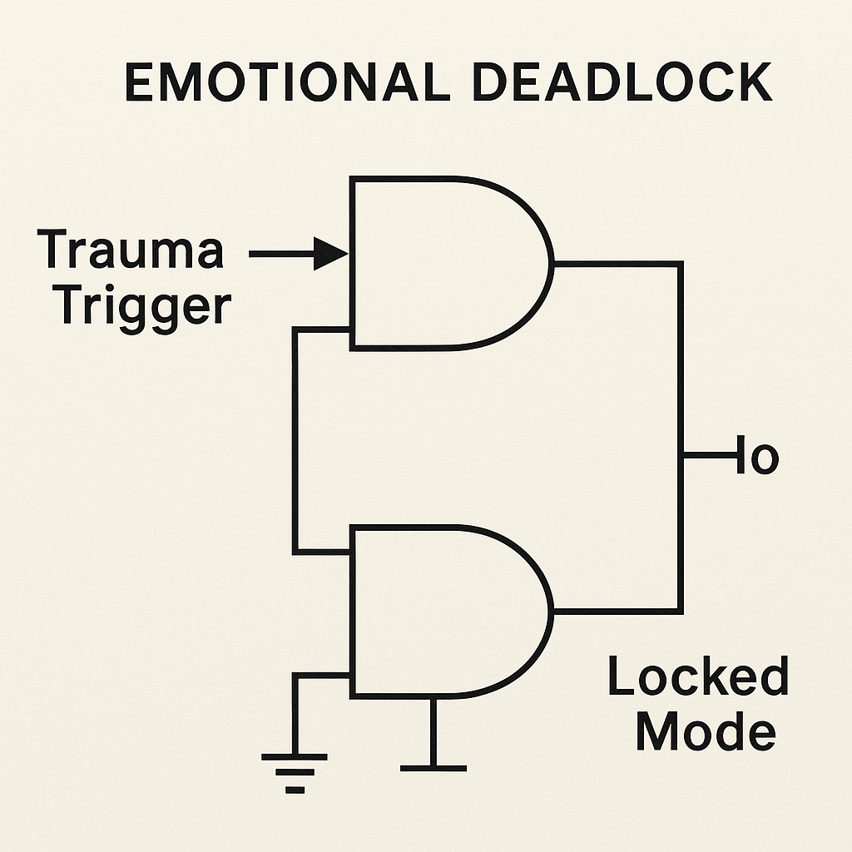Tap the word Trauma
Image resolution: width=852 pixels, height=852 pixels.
[131, 250]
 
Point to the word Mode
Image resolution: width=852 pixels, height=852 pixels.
[706, 732]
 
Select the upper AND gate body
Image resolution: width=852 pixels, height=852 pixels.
[441, 263]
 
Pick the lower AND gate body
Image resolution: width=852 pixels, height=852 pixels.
[441, 611]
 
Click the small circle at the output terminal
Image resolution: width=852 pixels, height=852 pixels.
[764, 458]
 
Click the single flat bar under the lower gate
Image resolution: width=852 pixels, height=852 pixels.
[433, 767]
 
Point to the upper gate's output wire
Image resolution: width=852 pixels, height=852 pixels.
[616, 264]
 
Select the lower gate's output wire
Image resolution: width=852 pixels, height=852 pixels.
[616, 611]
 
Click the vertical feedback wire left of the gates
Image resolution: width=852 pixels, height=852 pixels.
[295, 441]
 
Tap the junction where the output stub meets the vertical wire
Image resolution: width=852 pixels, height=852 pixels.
[681, 456]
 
